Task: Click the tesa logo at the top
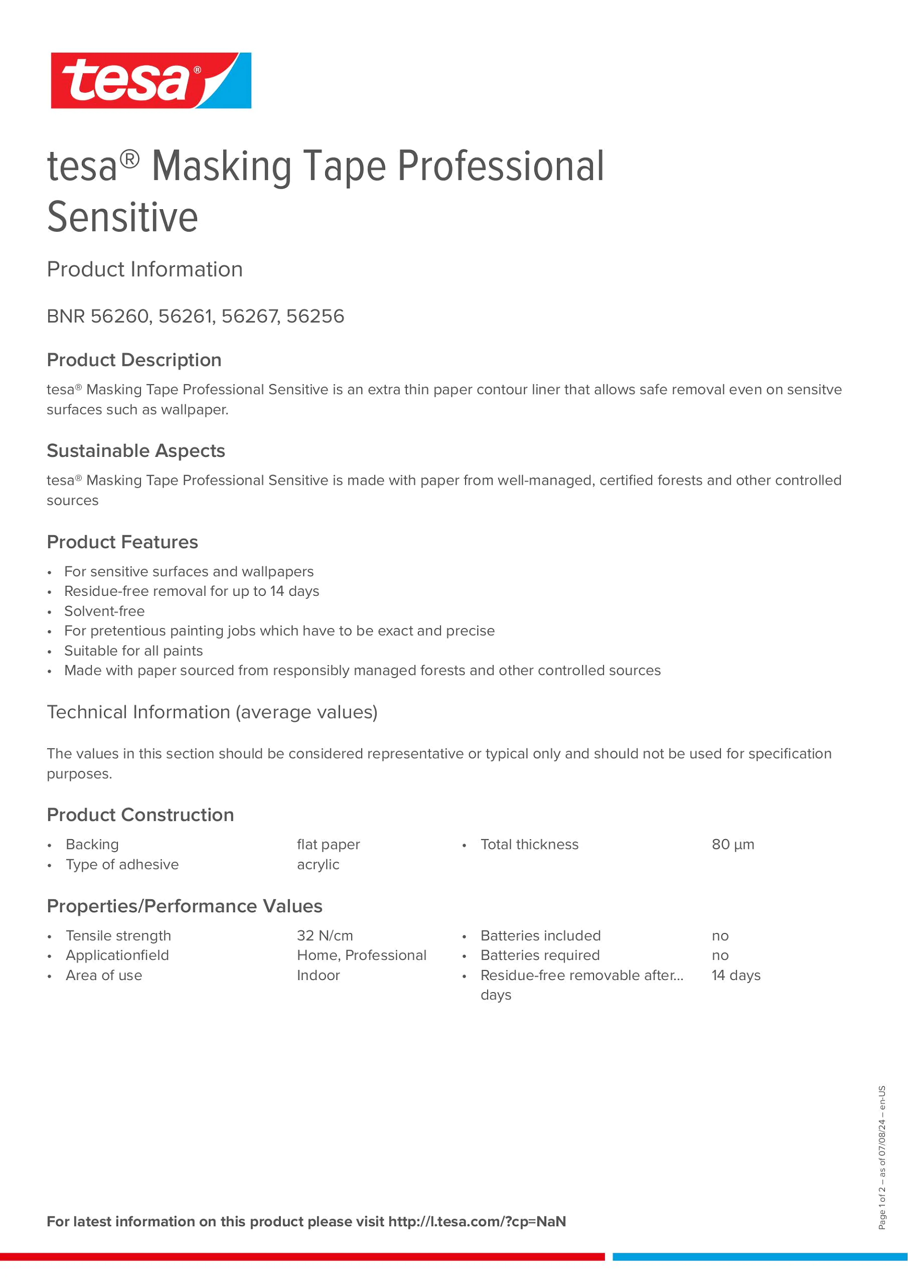pyautogui.click(x=151, y=80)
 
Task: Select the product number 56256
pyautogui.click(x=315, y=316)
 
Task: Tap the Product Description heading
pyautogui.click(x=134, y=360)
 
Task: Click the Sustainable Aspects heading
pyautogui.click(x=136, y=451)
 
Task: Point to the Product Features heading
pyautogui.click(x=123, y=542)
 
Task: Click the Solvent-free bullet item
pyautogui.click(x=104, y=611)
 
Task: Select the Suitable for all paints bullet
pyautogui.click(x=134, y=651)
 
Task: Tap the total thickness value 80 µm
pyautogui.click(x=732, y=844)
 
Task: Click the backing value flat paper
pyautogui.click(x=328, y=844)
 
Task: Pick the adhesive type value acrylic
pyautogui.click(x=318, y=865)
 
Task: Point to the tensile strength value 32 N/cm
pyautogui.click(x=325, y=936)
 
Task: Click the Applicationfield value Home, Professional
pyautogui.click(x=361, y=955)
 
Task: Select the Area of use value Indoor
pyautogui.click(x=318, y=975)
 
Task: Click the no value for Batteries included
pyautogui.click(x=720, y=936)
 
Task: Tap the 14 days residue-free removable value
pyautogui.click(x=736, y=975)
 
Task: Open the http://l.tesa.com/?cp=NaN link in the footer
pyautogui.click(x=477, y=1221)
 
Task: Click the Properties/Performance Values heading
pyautogui.click(x=185, y=906)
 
